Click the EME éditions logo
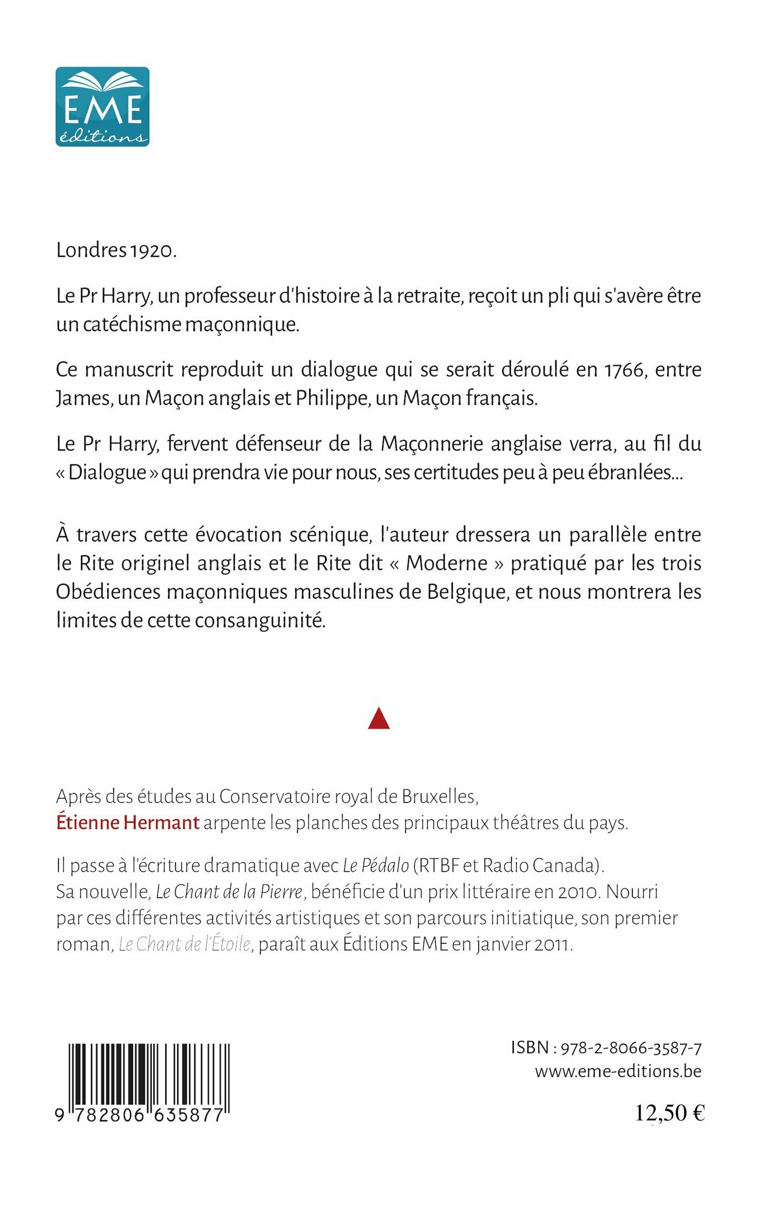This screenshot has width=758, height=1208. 102,107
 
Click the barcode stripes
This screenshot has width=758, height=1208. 149,1076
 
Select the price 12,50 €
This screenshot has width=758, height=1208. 669,1113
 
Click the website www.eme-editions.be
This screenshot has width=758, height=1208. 618,1072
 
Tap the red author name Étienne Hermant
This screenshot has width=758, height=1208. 128,823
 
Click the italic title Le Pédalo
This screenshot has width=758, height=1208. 376,866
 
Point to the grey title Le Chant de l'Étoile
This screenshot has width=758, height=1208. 185,944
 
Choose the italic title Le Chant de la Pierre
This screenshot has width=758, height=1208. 229,892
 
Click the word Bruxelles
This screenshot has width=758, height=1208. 439,796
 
